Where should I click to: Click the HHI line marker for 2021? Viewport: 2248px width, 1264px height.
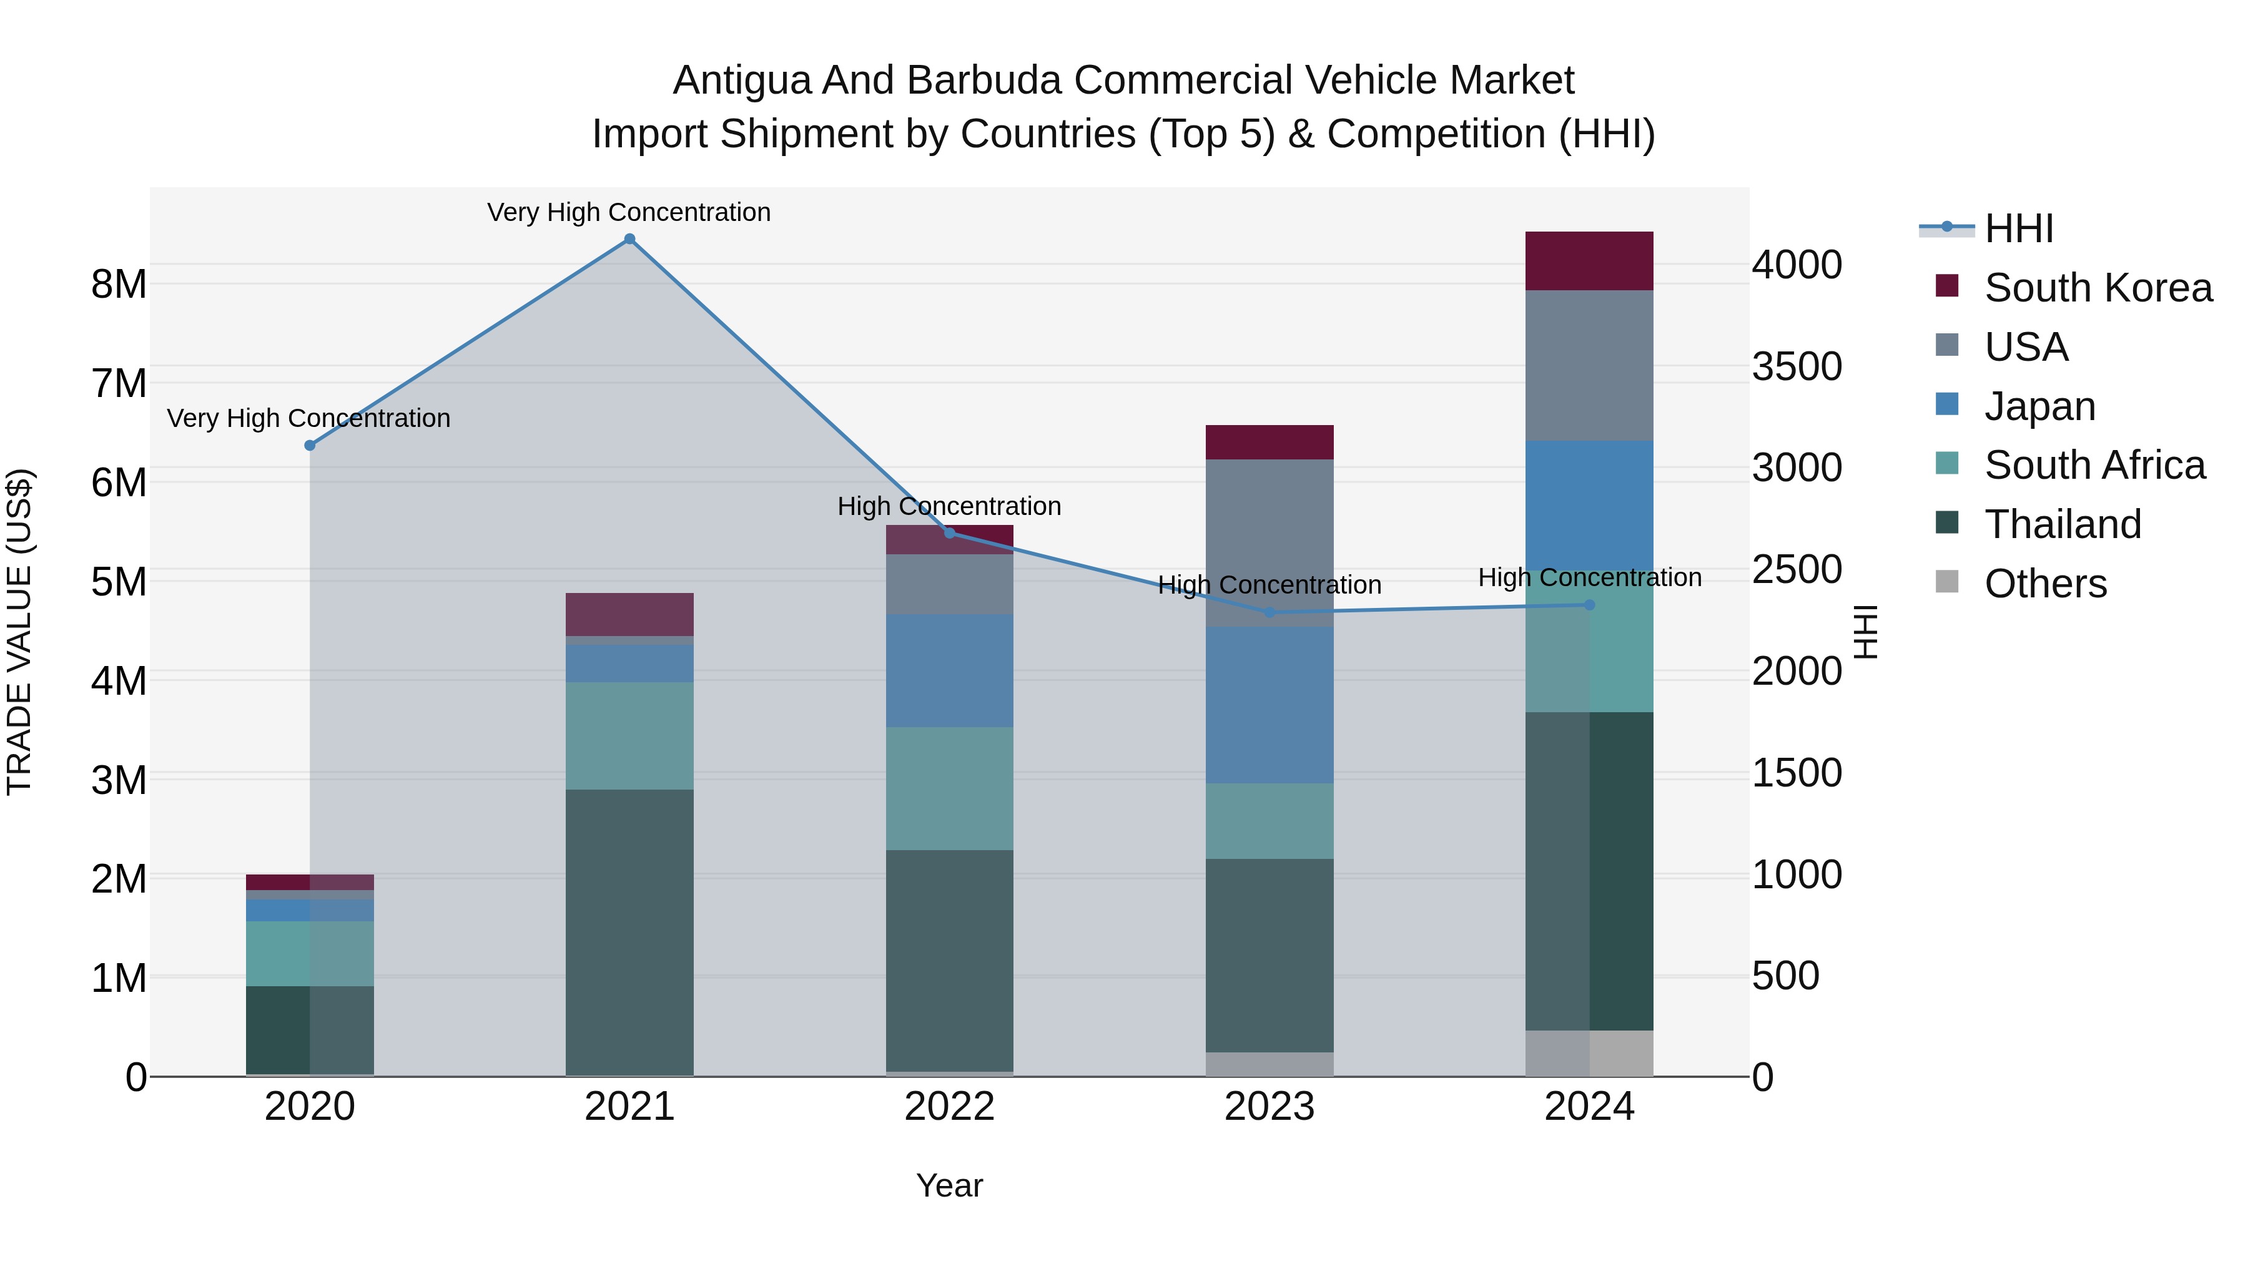(x=629, y=239)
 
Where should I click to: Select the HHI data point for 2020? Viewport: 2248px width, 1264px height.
(x=310, y=445)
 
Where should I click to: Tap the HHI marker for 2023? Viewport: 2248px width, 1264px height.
(x=1269, y=612)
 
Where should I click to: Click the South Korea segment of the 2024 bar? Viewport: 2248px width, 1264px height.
(x=1589, y=261)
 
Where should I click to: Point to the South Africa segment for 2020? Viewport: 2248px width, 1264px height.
(x=310, y=953)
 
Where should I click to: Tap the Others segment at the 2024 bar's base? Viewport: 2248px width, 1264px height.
(x=1589, y=1053)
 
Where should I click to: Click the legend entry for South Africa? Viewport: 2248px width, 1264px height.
(x=2094, y=465)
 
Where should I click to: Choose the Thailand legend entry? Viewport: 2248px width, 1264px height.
(x=2062, y=524)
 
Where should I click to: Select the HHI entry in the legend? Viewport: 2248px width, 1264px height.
(x=2018, y=228)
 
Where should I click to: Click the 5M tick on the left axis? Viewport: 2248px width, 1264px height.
(x=119, y=582)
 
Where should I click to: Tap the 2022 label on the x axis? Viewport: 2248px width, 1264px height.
(x=949, y=1107)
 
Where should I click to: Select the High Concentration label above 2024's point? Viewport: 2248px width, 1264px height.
(x=1589, y=577)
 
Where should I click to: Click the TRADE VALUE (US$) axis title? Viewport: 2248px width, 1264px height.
(x=19, y=632)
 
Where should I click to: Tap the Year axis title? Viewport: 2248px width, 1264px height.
(x=949, y=1185)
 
